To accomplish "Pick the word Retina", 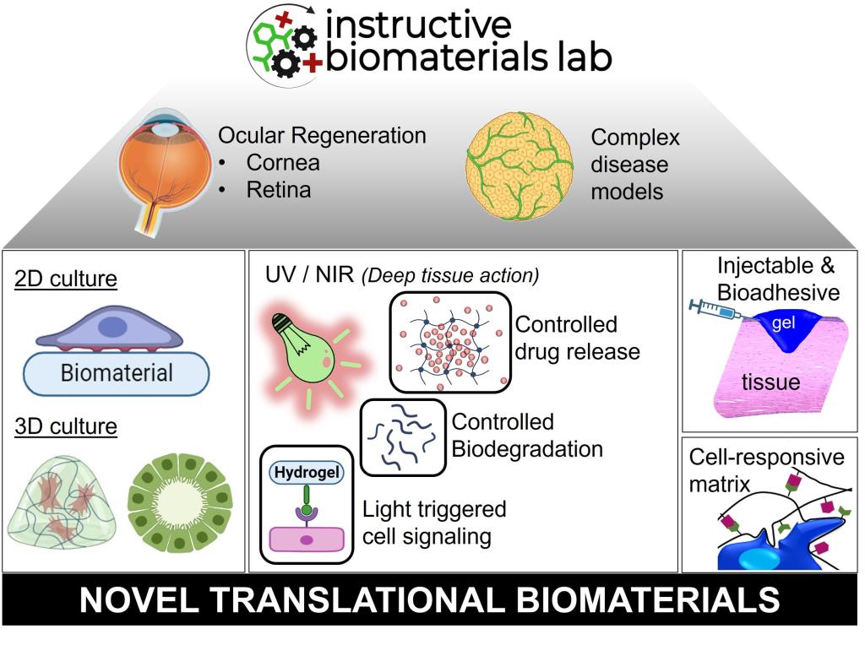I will tap(279, 189).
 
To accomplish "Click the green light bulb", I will tap(304, 346).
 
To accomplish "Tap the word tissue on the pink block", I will tap(770, 382).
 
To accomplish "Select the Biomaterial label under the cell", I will tap(117, 371).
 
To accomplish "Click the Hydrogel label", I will tap(305, 473).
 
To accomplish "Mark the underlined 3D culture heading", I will tap(65, 427).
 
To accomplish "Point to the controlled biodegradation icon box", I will tap(403, 437).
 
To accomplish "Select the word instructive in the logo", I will tap(417, 25).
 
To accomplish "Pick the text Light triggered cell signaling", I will tap(434, 522).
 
